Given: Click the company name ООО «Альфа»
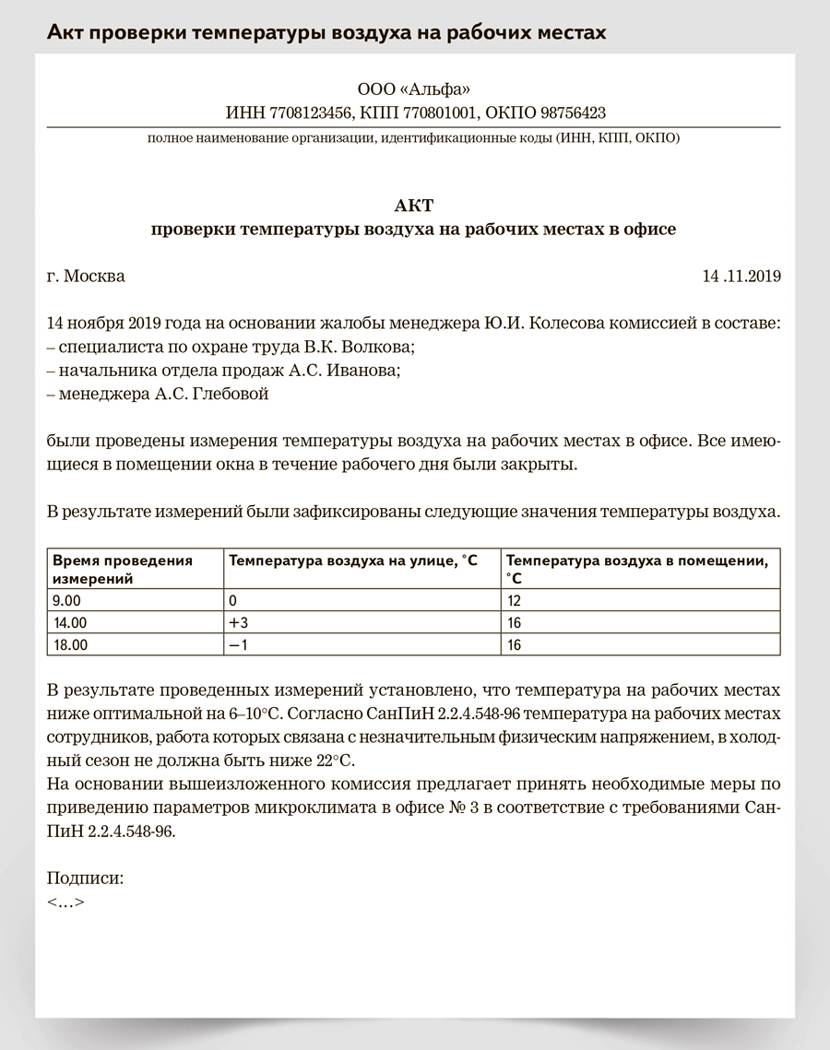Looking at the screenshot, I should click(x=413, y=90).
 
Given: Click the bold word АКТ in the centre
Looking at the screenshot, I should click(x=413, y=205).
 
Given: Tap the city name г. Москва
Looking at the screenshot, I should click(x=86, y=276).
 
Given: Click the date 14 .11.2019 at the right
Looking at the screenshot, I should click(x=741, y=276).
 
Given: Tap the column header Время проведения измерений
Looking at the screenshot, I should click(x=122, y=570).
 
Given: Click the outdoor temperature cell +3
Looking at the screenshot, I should click(x=239, y=622).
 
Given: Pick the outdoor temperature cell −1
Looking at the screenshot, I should click(x=239, y=645).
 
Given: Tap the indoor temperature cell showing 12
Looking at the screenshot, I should click(x=515, y=600).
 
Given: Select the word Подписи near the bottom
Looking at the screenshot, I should click(x=85, y=879).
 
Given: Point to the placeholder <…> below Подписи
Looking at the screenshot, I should click(x=65, y=902).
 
